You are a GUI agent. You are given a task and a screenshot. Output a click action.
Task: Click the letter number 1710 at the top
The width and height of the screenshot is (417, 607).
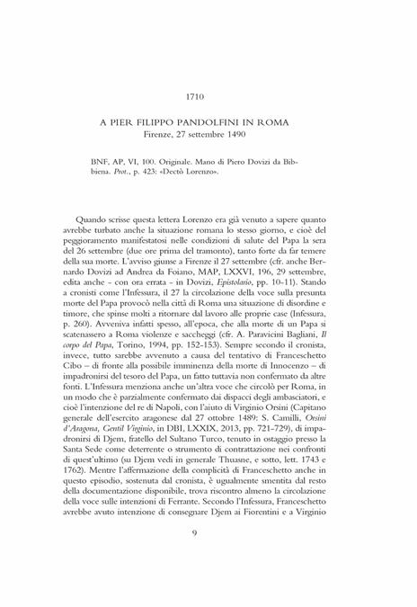click(208, 96)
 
